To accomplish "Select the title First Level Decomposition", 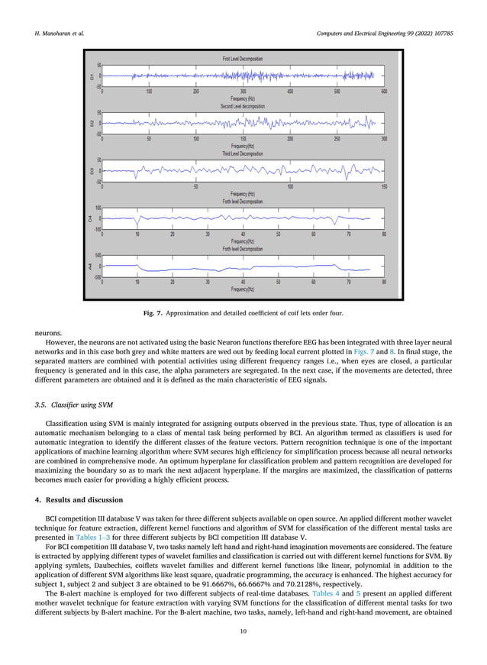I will pyautogui.click(x=243, y=59).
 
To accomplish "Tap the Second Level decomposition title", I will pyautogui.click(x=243, y=106).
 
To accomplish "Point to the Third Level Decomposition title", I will pyautogui.click(x=243, y=153).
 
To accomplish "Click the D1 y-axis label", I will pyautogui.click(x=91, y=76).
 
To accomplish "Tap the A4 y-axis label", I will pyautogui.click(x=91, y=266).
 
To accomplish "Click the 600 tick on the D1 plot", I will pyautogui.click(x=384, y=91).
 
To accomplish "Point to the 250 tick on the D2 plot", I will pyautogui.click(x=337, y=139).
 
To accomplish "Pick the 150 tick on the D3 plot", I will pyautogui.click(x=384, y=186).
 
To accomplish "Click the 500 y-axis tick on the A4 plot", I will pyautogui.click(x=98, y=256).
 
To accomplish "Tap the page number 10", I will pyautogui.click(x=243, y=632).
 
